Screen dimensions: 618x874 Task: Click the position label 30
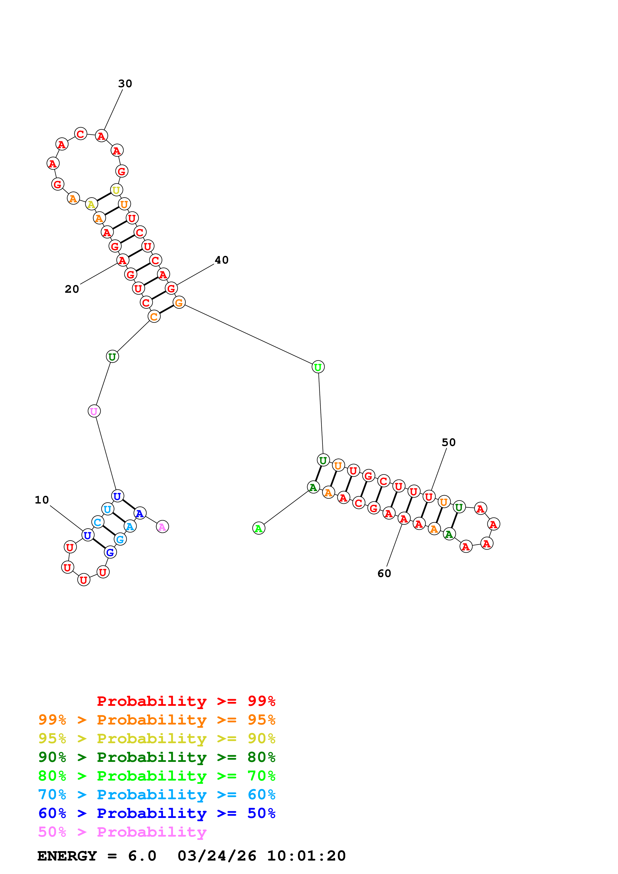coord(125,83)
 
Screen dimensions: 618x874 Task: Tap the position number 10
coord(42,500)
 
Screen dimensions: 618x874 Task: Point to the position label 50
coord(448,442)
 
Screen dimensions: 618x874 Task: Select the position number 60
coord(384,574)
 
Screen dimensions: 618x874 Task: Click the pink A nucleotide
coord(162,527)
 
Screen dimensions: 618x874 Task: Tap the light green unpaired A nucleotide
coord(259,528)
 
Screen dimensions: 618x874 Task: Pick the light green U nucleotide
coord(318,367)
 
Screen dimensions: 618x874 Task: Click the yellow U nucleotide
coord(116,190)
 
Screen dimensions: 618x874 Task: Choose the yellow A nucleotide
coord(91,204)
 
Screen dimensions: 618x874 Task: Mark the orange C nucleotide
coord(154,317)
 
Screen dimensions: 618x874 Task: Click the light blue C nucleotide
coord(98,522)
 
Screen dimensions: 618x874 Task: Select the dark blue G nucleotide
coord(110,552)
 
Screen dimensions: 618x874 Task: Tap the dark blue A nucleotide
coord(140,513)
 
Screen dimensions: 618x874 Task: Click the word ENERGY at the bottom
coord(67,856)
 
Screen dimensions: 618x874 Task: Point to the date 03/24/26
coord(217,856)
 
